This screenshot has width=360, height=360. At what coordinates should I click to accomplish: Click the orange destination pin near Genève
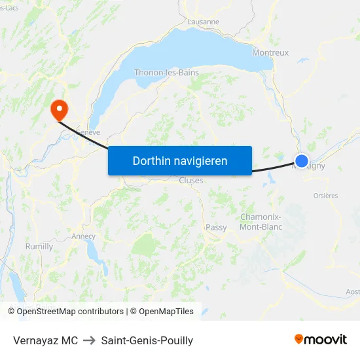coord(58,109)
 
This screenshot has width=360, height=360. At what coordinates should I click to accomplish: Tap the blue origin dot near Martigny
coord(301,160)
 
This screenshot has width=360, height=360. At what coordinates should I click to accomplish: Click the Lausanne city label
coord(203,22)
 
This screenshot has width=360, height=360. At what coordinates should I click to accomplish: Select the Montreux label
coord(270,52)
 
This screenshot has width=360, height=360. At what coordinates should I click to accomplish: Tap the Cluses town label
coord(191,181)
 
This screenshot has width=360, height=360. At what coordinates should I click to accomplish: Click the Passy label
coord(216,228)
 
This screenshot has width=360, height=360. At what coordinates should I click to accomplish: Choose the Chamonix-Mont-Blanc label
coord(261,222)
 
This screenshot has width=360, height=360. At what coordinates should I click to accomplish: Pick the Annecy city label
coord(84,236)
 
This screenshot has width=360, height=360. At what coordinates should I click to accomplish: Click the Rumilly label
coord(39,247)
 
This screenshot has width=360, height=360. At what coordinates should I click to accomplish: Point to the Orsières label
coord(325,195)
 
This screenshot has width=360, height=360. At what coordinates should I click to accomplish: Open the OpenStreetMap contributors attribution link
coord(66,312)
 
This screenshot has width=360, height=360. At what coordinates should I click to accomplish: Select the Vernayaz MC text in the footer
coord(45,340)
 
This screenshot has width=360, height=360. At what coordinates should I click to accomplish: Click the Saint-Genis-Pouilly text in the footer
coord(147,340)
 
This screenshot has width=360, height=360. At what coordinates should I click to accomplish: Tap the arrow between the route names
coord(90,340)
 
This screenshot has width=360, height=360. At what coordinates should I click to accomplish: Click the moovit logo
coord(321,339)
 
